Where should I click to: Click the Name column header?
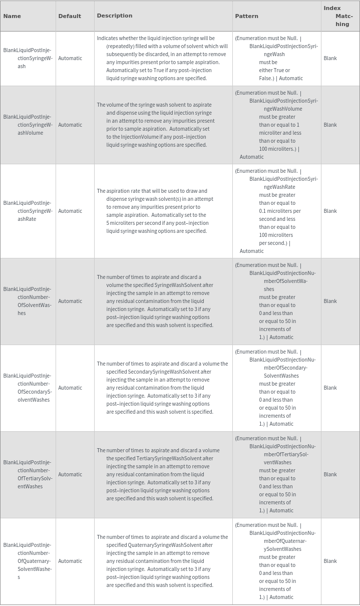tap(12, 16)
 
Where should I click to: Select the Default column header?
tap(70, 16)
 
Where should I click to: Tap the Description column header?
tap(115, 16)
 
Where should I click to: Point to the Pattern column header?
tap(246, 16)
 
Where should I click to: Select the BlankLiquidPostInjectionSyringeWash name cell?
tap(28, 58)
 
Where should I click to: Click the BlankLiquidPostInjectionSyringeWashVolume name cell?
tap(28, 125)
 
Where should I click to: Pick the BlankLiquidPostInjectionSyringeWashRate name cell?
tap(28, 211)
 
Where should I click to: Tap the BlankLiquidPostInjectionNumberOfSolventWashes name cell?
tap(28, 301)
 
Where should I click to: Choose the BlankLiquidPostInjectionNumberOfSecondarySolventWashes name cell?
tap(28, 388)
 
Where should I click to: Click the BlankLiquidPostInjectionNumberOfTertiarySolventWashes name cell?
tap(28, 474)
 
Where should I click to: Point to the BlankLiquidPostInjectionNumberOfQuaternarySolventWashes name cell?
tap(28, 561)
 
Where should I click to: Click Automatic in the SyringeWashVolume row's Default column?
tap(70, 125)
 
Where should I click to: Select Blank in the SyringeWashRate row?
tap(330, 211)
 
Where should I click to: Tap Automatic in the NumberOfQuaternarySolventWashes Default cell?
tap(70, 561)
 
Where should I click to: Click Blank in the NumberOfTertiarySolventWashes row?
tap(330, 474)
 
